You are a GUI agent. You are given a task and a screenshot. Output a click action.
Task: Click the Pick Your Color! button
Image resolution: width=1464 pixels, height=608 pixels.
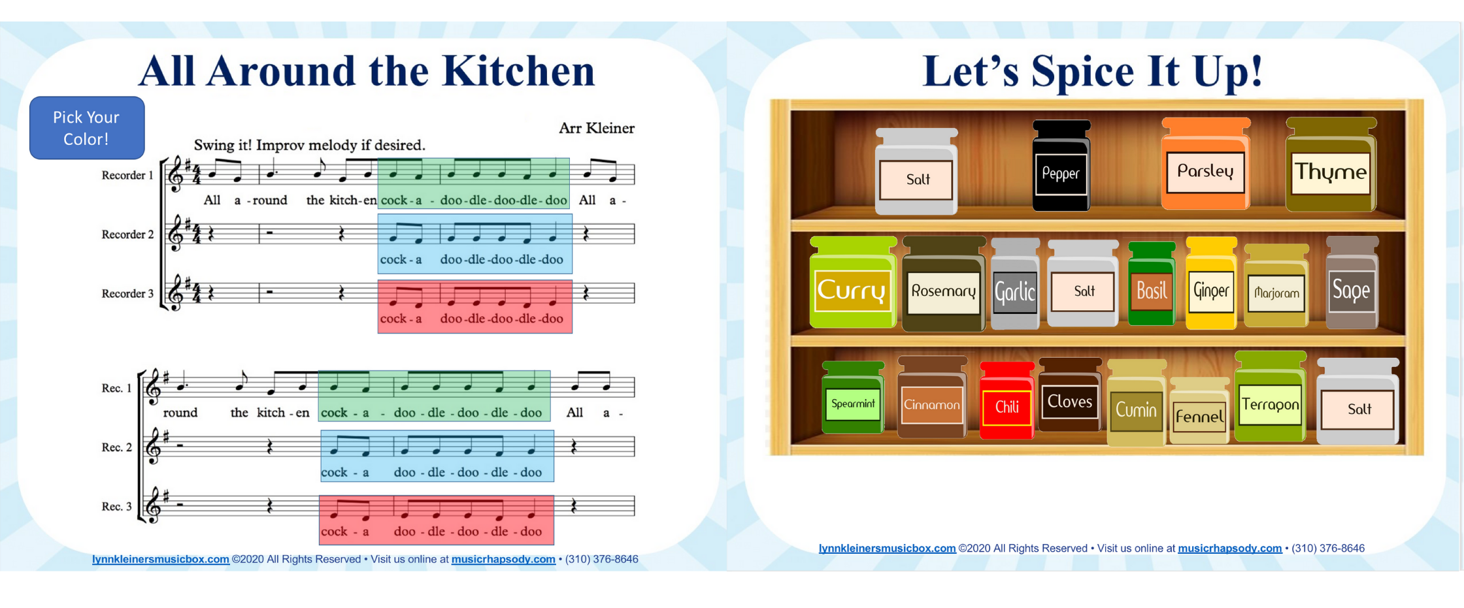point(87,128)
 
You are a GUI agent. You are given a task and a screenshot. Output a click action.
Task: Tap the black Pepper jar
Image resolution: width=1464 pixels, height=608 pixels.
point(1061,166)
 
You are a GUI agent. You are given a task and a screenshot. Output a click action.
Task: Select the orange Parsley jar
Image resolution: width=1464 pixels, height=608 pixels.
point(1206,164)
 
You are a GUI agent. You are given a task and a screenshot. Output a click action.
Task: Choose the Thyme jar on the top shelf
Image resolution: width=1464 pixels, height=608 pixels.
point(1331,165)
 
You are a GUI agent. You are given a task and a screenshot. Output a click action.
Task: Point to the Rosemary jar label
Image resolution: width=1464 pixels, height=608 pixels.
point(943,291)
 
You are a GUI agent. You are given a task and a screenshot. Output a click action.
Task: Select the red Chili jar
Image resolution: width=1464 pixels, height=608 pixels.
point(1006,400)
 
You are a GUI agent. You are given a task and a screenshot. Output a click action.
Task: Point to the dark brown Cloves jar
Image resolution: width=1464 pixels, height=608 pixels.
point(1069,395)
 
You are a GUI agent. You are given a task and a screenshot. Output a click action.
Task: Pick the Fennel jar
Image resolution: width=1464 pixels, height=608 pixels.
point(1199,411)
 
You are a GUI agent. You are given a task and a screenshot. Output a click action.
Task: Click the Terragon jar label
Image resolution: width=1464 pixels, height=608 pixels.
point(1270,405)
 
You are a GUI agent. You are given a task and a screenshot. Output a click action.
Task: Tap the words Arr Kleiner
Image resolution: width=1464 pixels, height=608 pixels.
point(596,128)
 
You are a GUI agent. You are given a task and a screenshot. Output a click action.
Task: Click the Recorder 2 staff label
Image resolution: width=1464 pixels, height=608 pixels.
point(127,234)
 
